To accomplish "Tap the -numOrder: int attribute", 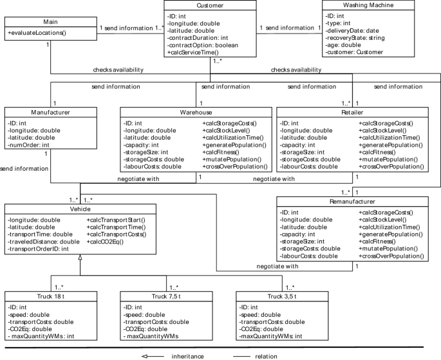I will [29, 146].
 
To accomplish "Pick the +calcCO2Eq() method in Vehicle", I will [107, 242].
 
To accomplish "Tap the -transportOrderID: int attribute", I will [39, 249].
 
